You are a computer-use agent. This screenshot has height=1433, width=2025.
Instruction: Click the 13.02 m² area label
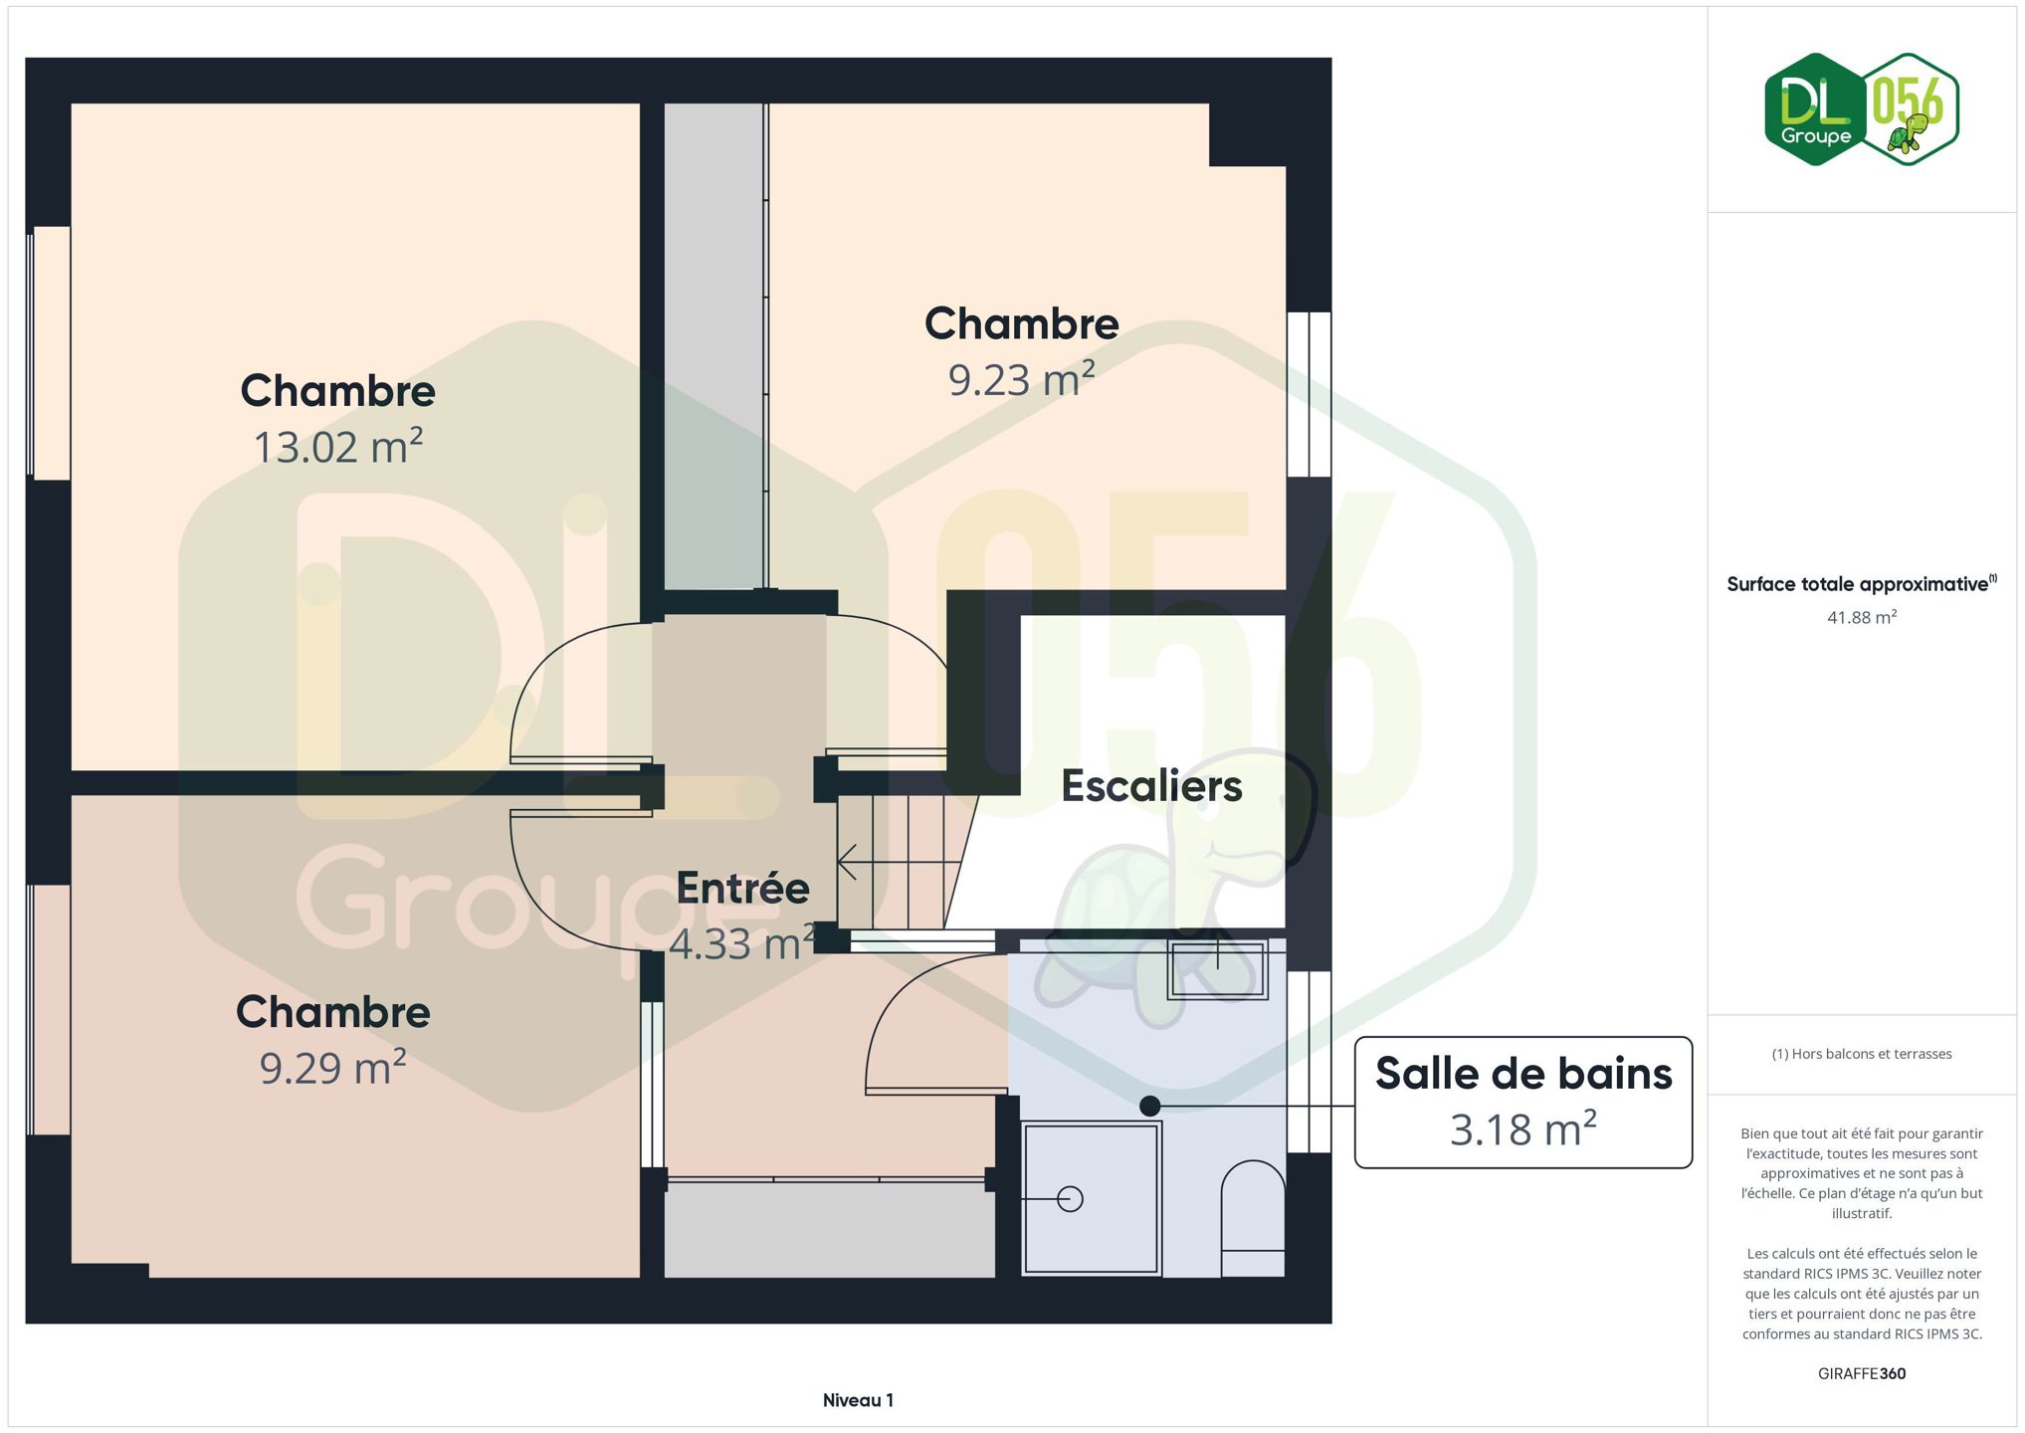(338, 447)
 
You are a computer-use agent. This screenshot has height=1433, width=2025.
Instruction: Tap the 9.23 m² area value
(1022, 379)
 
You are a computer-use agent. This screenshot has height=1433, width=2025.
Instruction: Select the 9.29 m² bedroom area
(332, 1068)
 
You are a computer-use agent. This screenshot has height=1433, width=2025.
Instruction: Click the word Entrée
(742, 888)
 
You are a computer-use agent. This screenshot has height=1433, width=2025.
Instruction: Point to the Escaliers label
(1151, 786)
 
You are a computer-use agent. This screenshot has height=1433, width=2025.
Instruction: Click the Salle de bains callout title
(1523, 1074)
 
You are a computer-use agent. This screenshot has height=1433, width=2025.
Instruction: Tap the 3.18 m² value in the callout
(1523, 1129)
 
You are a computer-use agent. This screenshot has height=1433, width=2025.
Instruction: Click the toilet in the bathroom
(1253, 1218)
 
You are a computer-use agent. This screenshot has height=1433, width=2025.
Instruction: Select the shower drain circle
(1070, 1199)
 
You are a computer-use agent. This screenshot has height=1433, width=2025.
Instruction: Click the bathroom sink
(1217, 969)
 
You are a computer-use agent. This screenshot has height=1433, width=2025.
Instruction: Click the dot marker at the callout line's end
(1150, 1106)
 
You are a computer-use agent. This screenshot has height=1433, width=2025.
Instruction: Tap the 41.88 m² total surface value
(1861, 617)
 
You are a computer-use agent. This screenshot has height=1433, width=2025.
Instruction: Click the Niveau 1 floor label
(858, 1400)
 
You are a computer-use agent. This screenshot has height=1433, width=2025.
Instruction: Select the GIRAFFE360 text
(1862, 1373)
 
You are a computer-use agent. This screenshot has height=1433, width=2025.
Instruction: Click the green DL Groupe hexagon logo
(1816, 109)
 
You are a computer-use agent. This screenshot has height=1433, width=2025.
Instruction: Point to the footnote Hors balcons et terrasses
(1862, 1054)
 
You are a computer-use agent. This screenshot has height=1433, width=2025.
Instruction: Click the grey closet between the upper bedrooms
(713, 345)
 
